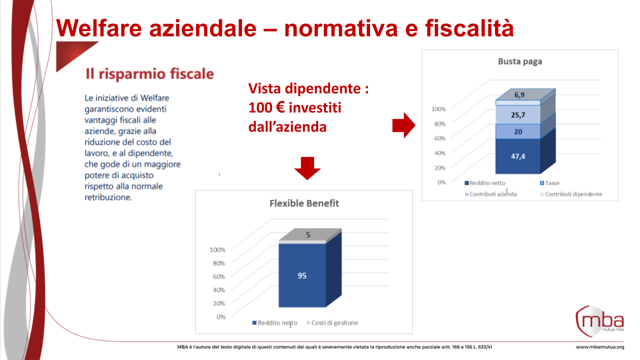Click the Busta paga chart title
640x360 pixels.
(x=520, y=61)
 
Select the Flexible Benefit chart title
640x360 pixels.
(x=304, y=203)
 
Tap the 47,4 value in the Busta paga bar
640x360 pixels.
(x=518, y=156)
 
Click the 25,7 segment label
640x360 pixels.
(x=518, y=115)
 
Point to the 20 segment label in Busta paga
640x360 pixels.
(x=518, y=131)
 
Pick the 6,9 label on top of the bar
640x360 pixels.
(x=519, y=95)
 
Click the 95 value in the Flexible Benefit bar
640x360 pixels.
(x=302, y=275)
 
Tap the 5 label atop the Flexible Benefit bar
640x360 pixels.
(x=308, y=235)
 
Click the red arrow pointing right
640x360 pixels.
(x=403, y=125)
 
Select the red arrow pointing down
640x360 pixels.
(x=307, y=168)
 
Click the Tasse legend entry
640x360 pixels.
(x=549, y=183)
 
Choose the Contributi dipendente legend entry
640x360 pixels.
(x=571, y=194)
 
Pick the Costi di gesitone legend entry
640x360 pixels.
(x=332, y=323)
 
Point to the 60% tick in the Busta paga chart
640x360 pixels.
(x=439, y=138)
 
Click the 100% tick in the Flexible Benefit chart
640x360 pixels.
(x=217, y=249)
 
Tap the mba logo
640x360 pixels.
(x=599, y=321)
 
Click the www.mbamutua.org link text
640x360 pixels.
(x=599, y=347)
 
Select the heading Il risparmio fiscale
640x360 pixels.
(x=149, y=74)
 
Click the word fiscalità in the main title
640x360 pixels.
(x=469, y=28)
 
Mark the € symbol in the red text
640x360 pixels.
(x=280, y=107)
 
